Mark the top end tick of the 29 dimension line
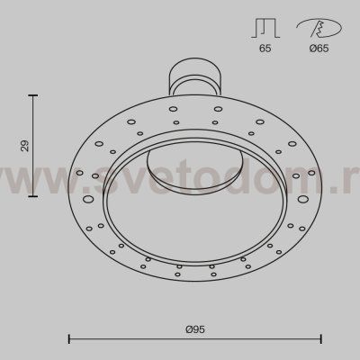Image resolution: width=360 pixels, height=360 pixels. pyautogui.click(x=33, y=94)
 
